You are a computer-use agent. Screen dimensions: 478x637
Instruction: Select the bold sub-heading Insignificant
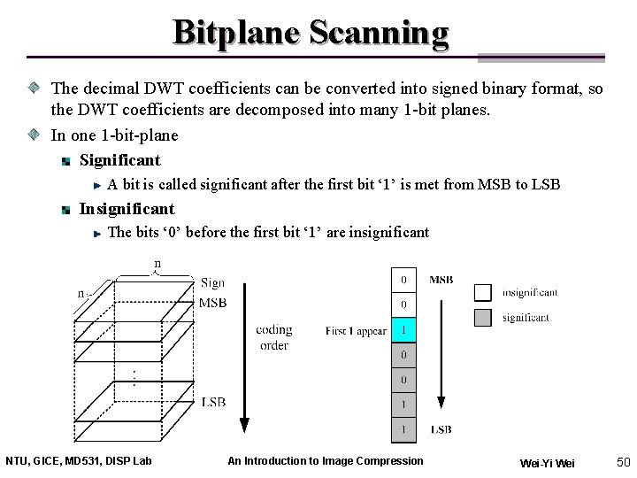point(127,209)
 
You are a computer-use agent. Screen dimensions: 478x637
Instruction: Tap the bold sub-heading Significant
point(119,160)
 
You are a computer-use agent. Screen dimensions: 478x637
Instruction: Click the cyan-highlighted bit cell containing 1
point(404,329)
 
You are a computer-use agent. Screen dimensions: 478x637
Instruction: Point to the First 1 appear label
point(356,331)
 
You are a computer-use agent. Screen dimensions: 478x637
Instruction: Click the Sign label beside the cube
point(212,283)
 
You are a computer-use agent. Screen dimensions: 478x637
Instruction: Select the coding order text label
point(274,337)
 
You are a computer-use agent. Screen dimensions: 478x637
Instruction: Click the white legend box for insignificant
point(482,292)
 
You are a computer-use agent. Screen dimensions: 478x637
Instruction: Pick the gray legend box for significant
point(482,318)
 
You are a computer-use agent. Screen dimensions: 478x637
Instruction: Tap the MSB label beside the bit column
point(441,280)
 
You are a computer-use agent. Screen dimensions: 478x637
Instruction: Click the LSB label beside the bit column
point(441,429)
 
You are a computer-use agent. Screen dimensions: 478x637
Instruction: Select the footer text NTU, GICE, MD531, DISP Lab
point(79,460)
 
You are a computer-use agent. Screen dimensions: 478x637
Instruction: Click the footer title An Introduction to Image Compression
point(325,460)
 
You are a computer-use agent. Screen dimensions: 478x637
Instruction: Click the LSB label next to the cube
point(213,403)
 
